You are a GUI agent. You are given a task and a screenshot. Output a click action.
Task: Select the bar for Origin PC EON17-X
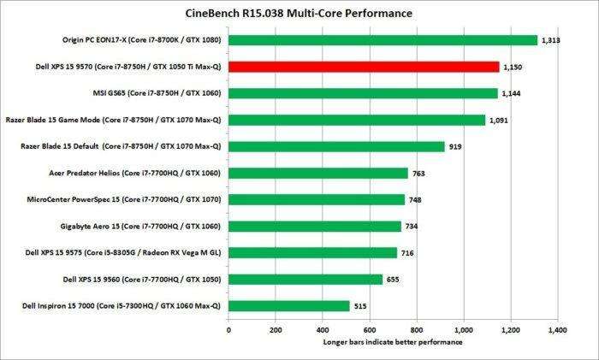pos(383,40)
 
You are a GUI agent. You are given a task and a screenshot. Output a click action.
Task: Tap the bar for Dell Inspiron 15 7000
pos(288,305)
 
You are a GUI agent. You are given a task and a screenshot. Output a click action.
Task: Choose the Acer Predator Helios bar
pos(317,173)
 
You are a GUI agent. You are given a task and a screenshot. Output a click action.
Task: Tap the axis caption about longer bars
pos(393,343)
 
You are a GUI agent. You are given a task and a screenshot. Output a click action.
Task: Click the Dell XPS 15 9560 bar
pos(305,279)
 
